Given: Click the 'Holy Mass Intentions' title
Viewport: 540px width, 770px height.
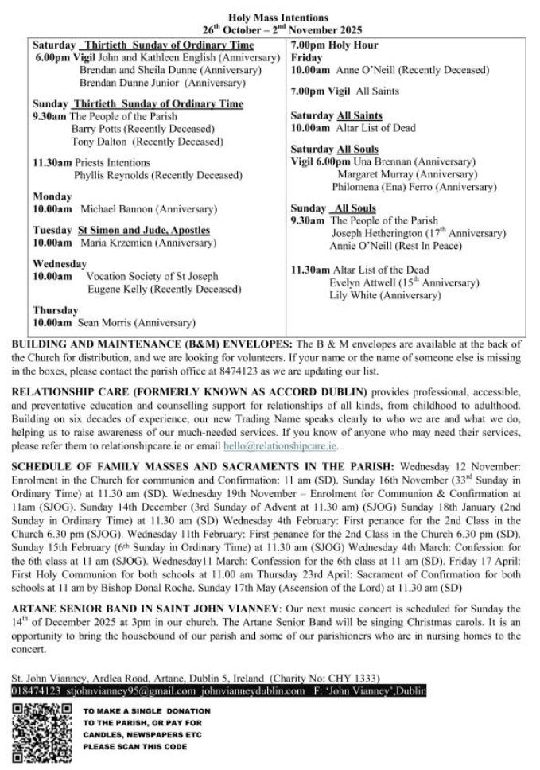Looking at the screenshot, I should coord(278,17).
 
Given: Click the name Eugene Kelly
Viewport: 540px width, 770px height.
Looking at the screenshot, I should coord(115,290).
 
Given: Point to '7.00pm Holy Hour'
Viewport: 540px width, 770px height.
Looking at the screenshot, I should coord(334,45).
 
